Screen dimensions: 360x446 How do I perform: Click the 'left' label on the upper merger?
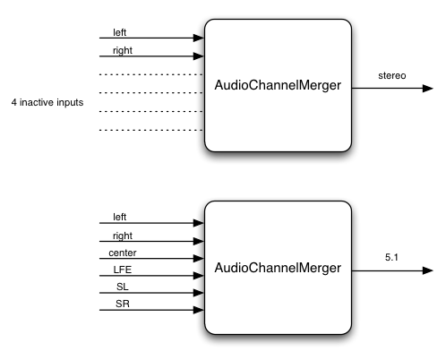coord(119,32)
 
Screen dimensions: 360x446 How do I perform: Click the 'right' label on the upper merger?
coord(122,50)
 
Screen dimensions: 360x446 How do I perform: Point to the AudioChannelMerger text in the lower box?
coord(277,267)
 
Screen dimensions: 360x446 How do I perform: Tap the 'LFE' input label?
coord(121,269)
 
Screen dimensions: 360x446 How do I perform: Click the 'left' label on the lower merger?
coord(119,217)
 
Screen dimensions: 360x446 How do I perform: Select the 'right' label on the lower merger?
coord(122,235)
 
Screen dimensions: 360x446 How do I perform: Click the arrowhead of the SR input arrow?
coord(199,311)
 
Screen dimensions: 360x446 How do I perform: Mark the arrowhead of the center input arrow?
coord(199,258)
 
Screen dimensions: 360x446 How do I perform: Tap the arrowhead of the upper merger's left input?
coord(199,39)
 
